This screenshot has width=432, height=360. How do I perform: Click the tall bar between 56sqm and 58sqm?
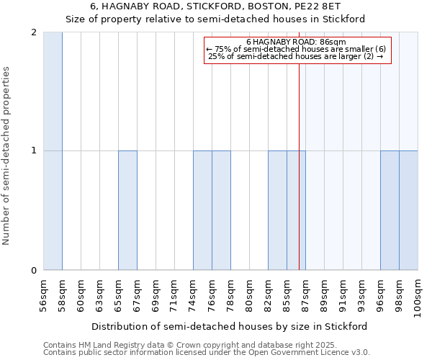click(x=53, y=151)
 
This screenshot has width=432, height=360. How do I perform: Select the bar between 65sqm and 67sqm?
click(x=127, y=210)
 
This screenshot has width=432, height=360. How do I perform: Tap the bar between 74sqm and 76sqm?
click(x=202, y=210)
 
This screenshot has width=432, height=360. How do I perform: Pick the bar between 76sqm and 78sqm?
click(x=221, y=210)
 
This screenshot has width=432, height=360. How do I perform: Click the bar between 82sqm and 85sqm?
click(x=277, y=210)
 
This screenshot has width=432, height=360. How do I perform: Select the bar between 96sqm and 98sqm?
click(x=390, y=210)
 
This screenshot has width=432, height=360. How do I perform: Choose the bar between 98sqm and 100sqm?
click(x=408, y=210)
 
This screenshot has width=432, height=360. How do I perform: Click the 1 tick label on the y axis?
click(x=34, y=151)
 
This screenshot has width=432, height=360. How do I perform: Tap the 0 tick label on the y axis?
click(x=34, y=271)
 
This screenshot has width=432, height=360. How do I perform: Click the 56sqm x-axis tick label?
click(x=44, y=294)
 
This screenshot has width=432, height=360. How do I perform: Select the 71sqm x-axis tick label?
click(x=175, y=294)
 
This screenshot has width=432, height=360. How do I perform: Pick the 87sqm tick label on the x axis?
click(x=306, y=294)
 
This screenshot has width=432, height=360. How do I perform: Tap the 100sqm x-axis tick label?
click(x=418, y=297)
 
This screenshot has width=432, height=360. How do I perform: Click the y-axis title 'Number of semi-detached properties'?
click(x=7, y=156)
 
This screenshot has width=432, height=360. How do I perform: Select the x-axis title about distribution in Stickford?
click(x=230, y=326)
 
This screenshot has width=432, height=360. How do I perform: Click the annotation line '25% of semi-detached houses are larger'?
click(x=295, y=56)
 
